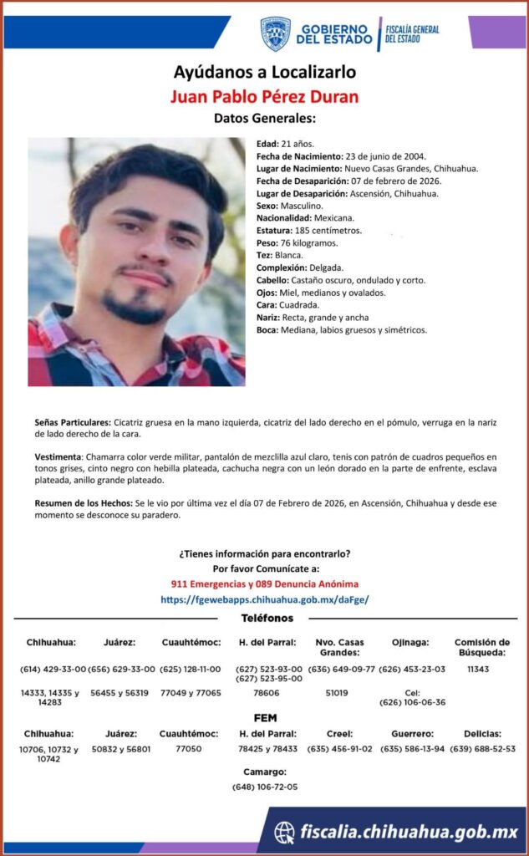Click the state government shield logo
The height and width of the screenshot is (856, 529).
[x=275, y=33]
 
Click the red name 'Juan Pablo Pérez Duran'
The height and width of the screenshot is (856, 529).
[x=264, y=96]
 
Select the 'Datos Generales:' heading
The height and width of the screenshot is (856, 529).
[x=264, y=118]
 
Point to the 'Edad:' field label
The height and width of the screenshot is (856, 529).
[x=268, y=144]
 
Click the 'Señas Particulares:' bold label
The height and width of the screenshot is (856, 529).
[x=73, y=424]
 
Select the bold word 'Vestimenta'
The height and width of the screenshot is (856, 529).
[x=58, y=457]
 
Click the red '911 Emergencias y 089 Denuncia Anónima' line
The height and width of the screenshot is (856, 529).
[x=264, y=583]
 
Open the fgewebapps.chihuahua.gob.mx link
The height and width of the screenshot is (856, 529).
[x=264, y=599]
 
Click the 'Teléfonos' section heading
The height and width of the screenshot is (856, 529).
[x=267, y=619]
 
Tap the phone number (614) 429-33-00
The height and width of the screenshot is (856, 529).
[x=51, y=670]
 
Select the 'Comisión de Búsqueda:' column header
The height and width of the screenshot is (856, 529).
[x=482, y=647]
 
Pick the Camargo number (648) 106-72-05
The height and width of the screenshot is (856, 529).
[x=264, y=787]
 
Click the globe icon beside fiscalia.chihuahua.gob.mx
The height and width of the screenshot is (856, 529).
[x=284, y=832]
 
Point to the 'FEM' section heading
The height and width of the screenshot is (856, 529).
[x=265, y=718]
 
